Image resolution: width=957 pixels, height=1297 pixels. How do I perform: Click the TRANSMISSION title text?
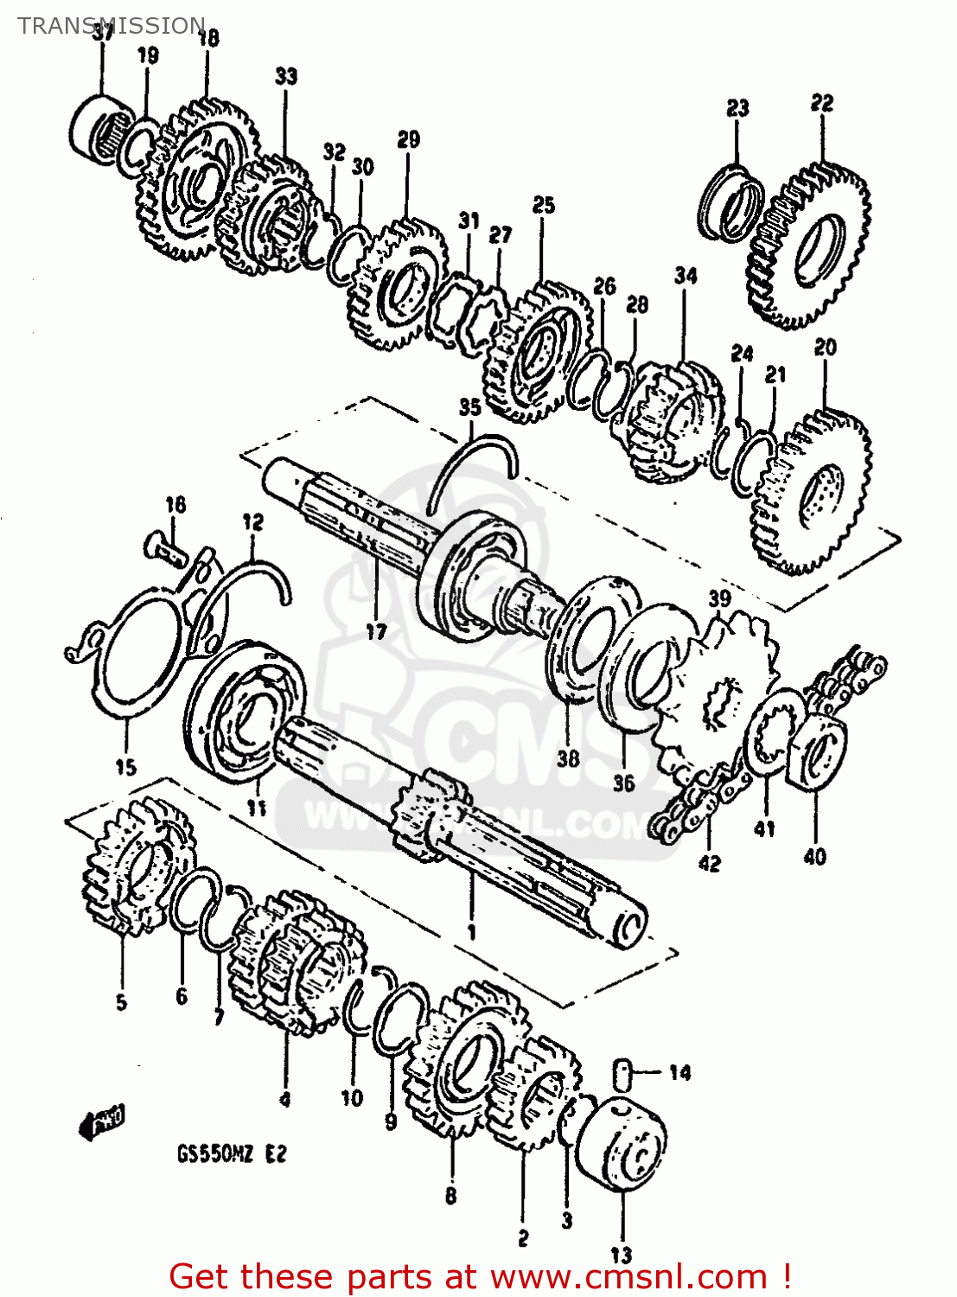111,25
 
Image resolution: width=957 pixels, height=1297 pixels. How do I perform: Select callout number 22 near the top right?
821,103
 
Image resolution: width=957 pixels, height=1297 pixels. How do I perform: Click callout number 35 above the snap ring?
469,407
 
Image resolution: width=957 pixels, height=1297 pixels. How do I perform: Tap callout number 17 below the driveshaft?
376,632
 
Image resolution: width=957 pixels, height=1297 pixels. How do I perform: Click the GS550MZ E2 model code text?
231,1153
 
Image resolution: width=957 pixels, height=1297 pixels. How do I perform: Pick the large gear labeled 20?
813,493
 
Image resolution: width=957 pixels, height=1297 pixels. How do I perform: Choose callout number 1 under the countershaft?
471,932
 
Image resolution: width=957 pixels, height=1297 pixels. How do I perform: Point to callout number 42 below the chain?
709,863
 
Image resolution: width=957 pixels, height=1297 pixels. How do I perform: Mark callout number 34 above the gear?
686,276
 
